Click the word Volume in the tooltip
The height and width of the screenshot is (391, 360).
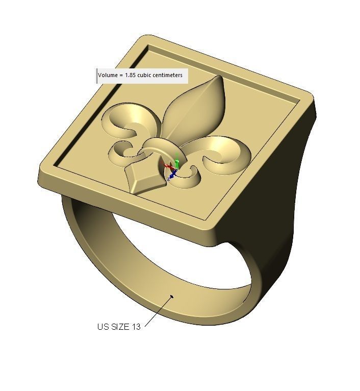108,76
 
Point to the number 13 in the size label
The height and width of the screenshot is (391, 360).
135,327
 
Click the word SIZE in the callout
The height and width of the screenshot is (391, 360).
120,327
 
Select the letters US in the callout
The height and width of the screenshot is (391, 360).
102,327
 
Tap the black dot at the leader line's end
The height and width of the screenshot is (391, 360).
172,296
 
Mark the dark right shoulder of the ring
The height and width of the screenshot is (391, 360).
286,194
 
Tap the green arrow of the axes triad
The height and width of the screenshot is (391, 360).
177,162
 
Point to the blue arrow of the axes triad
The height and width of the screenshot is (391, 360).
171,176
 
